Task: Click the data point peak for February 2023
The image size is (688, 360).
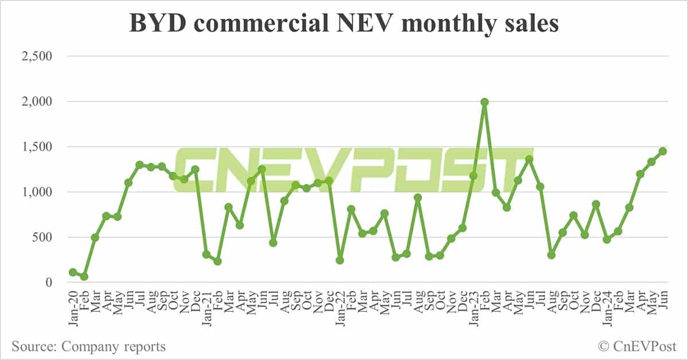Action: [484, 102]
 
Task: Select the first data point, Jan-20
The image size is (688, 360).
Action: [73, 272]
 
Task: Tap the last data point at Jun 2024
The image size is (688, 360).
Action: [663, 151]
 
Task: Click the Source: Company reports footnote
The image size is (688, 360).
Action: [88, 346]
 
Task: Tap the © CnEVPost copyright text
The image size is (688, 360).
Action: [638, 346]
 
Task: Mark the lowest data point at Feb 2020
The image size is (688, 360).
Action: [84, 276]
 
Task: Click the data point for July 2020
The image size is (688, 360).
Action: [139, 165]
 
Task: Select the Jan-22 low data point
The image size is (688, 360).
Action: [340, 260]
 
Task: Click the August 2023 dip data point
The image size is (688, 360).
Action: [552, 255]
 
